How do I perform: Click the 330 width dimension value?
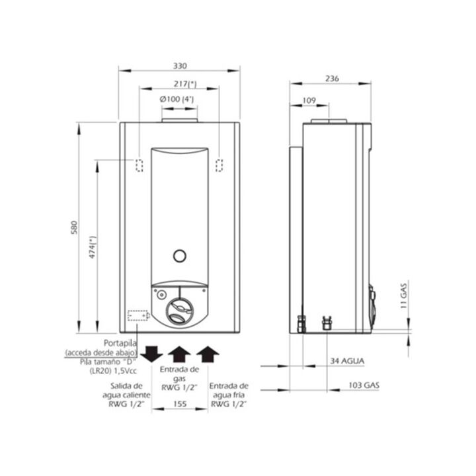(x=180, y=66)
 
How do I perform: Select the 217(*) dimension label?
(x=185, y=84)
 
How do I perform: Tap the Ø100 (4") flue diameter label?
(x=177, y=99)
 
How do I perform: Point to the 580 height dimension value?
(x=74, y=227)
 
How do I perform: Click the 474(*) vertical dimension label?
(x=93, y=247)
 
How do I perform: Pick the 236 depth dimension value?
(x=332, y=79)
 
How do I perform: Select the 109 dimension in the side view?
(x=309, y=100)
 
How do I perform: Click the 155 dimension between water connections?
(x=180, y=404)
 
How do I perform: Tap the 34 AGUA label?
(x=347, y=361)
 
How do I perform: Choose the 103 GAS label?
(x=364, y=385)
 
